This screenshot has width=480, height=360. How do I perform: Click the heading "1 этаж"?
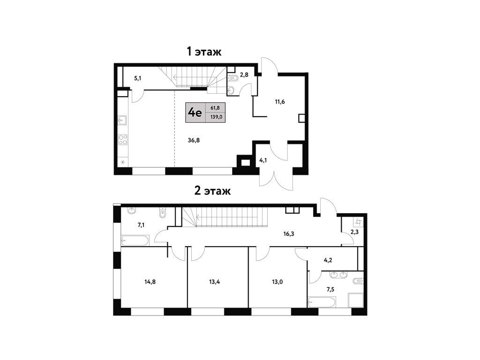pos(204,52)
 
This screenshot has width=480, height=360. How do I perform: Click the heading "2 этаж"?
pos(212,191)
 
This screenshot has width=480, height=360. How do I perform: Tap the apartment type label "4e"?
pos(195,112)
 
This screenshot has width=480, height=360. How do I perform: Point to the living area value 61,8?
pos(215,108)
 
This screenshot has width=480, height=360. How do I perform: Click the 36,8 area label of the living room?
pos(194,140)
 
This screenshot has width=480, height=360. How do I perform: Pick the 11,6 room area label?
pos(280,102)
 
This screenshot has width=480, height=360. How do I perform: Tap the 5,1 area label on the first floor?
pos(137,78)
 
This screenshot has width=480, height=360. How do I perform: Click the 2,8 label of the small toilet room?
pos(244,75)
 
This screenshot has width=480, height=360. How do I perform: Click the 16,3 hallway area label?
pos(289,234)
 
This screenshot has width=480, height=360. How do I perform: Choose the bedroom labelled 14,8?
pos(150,282)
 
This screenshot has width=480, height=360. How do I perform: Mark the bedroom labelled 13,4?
pos(215,282)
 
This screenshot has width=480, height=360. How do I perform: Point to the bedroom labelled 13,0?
pos(277,282)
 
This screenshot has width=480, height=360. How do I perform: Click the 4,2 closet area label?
pos(328,261)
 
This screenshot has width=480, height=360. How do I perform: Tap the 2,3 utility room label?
pos(354,232)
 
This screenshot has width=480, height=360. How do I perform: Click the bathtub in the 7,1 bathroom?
pos(135,240)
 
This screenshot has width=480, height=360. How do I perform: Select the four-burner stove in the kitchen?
pos(123,140)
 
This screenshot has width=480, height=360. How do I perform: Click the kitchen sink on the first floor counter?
pos(122,120)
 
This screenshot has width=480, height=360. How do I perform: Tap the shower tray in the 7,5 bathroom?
pos(356,300)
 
